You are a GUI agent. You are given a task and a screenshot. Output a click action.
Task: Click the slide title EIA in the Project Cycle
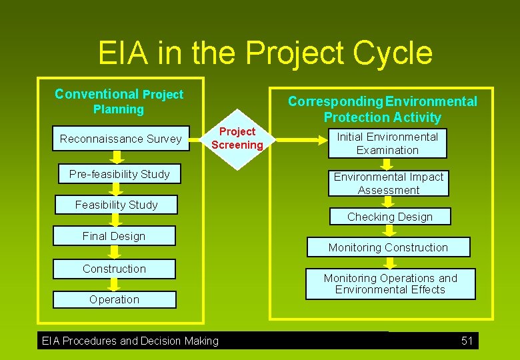point(265,53)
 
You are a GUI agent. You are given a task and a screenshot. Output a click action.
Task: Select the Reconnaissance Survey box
point(121,139)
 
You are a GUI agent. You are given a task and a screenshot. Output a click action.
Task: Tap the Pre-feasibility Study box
point(119,174)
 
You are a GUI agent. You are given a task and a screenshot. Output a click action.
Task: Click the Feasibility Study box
point(117,205)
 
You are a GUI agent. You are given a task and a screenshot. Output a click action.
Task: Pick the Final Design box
point(114,236)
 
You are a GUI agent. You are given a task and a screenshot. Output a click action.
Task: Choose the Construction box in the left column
point(114,269)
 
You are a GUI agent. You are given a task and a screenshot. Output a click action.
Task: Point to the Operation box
point(114,299)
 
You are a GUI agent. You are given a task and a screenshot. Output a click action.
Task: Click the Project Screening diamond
point(237,138)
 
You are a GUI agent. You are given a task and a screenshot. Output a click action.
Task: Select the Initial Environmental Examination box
point(387,143)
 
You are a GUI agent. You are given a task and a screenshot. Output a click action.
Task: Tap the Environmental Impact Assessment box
point(388,183)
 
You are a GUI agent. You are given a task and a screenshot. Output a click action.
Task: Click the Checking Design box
point(390,217)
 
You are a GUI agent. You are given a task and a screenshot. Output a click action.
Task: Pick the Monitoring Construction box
point(388,247)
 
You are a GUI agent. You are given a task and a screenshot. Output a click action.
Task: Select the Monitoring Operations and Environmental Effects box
point(390,284)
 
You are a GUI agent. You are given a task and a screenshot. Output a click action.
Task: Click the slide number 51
point(467,341)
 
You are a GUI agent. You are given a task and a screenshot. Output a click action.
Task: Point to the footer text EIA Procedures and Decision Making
point(130,341)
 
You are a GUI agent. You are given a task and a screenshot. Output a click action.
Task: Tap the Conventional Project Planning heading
point(119,101)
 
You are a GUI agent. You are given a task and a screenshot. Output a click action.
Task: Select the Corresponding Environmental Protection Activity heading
point(383,109)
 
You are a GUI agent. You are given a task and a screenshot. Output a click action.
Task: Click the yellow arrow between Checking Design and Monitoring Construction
point(389,231)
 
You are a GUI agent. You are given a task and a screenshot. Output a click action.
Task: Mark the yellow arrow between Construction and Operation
point(114,284)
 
